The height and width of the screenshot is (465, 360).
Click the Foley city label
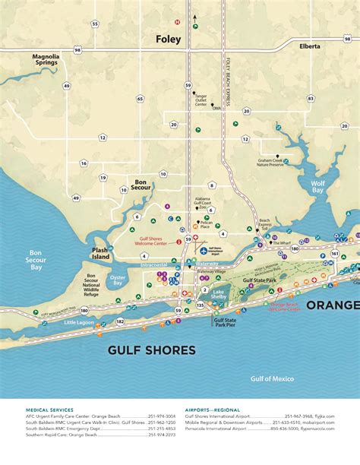coord(168,40)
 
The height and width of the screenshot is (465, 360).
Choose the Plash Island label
coord(100,253)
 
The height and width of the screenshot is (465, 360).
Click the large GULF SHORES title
coord(151,350)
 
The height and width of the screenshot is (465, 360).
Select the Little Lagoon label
coord(79,322)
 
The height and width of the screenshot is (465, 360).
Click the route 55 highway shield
coord(95,24)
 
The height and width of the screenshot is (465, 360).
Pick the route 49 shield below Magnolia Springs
coord(67,86)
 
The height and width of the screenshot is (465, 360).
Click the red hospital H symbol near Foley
coord(177,22)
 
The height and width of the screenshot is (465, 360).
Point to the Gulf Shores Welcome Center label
coord(154,241)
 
